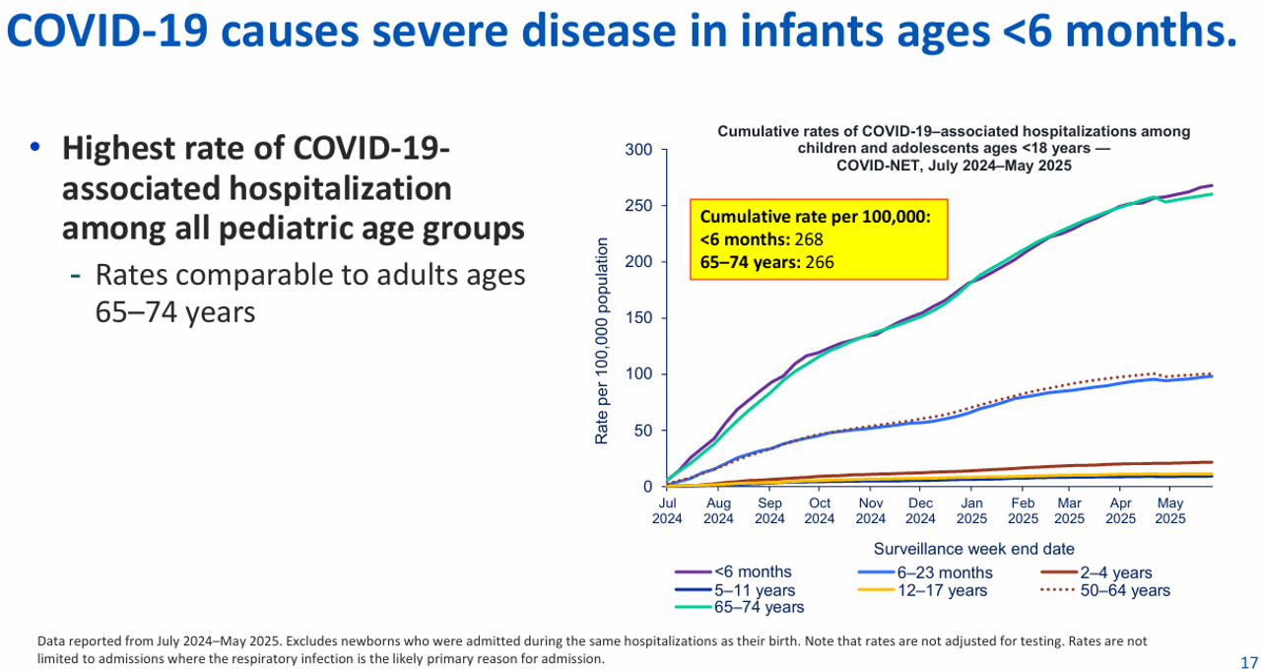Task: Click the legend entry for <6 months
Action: [x=733, y=572]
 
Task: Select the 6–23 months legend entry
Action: [x=925, y=572]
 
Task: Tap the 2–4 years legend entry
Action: [x=1096, y=572]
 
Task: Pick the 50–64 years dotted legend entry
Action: [x=1105, y=590]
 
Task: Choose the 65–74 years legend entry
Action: [x=739, y=607]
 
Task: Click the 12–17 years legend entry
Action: [x=922, y=590]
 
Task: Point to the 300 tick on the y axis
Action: [x=638, y=150]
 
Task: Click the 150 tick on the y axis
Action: [x=638, y=318]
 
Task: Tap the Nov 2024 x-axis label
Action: [x=870, y=510]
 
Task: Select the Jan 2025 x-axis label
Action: [x=971, y=510]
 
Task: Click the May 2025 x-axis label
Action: [x=1169, y=510]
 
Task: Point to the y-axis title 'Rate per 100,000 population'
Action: [x=602, y=341]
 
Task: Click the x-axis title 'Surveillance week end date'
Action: [x=974, y=549]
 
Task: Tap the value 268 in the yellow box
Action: [x=809, y=239]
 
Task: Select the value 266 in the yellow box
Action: [x=820, y=262]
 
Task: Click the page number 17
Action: [x=1248, y=662]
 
